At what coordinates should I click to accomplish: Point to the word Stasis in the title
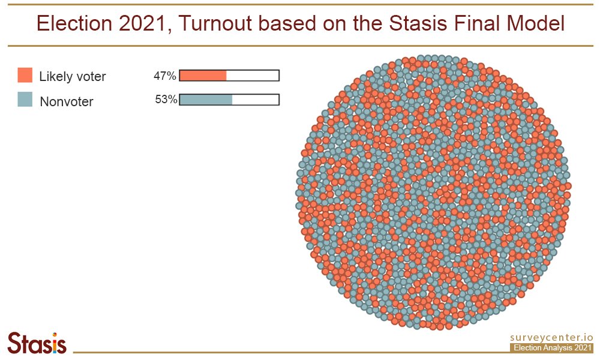click(418, 23)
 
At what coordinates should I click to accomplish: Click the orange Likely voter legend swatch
click(25, 75)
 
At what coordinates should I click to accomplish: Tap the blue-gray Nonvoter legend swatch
click(25, 99)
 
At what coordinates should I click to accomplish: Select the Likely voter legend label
click(73, 77)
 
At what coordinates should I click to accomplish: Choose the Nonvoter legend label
click(67, 102)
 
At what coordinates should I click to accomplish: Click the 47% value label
click(164, 76)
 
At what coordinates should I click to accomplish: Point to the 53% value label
click(166, 100)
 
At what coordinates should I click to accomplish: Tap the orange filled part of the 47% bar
click(203, 76)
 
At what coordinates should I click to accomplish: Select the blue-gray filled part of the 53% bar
click(206, 100)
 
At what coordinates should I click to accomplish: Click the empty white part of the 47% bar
click(253, 76)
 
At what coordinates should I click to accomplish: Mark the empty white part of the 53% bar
click(255, 100)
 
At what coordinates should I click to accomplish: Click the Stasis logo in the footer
click(37, 343)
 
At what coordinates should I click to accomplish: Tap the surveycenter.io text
click(551, 337)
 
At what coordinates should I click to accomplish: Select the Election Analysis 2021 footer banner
click(551, 348)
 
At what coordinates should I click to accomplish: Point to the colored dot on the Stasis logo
click(55, 335)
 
